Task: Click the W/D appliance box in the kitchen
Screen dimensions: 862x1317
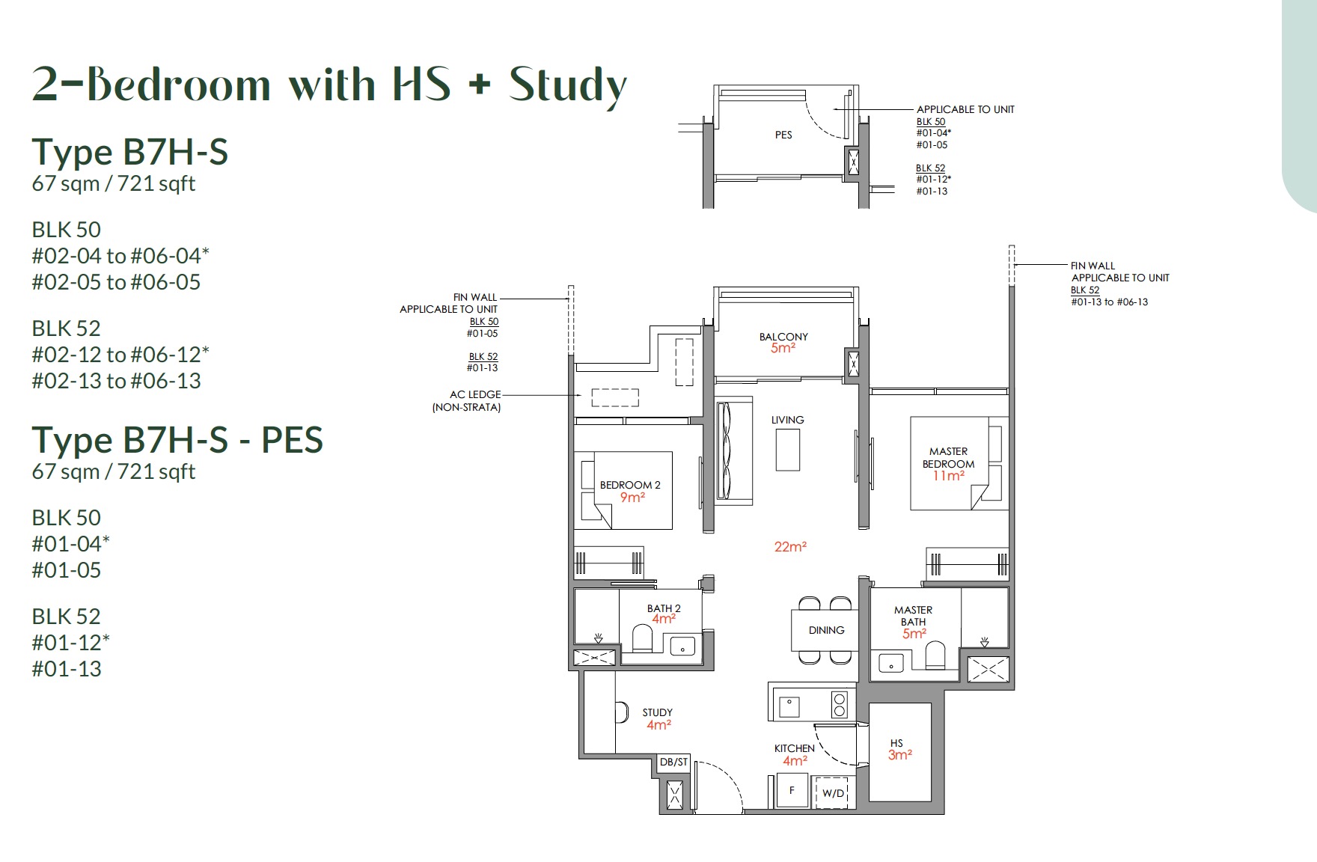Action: click(x=832, y=792)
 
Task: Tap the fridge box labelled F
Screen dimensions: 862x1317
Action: click(x=791, y=790)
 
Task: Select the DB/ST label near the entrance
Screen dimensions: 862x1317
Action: click(x=673, y=762)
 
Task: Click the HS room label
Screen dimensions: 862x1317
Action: click(x=896, y=743)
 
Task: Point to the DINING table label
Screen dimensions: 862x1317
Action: click(x=826, y=630)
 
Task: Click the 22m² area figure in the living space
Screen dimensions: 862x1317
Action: click(x=790, y=547)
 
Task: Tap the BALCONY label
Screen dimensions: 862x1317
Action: click(x=783, y=337)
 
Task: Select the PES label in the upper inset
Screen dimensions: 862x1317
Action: click(x=783, y=135)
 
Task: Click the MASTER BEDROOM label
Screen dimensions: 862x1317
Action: click(x=948, y=457)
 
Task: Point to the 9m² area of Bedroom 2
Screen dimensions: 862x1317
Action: click(x=632, y=498)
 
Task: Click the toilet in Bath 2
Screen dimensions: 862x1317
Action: click(x=643, y=640)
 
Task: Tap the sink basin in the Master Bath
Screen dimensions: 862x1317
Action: click(x=891, y=664)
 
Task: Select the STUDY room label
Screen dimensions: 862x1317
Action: click(x=657, y=712)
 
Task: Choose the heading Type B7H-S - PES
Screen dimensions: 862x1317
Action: click(x=177, y=440)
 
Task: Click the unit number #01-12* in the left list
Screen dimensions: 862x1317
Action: click(x=70, y=642)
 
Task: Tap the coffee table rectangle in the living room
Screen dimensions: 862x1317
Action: click(x=788, y=450)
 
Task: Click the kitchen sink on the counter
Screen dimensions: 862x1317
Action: click(x=789, y=706)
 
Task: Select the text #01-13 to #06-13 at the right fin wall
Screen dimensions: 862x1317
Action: click(x=1109, y=302)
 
